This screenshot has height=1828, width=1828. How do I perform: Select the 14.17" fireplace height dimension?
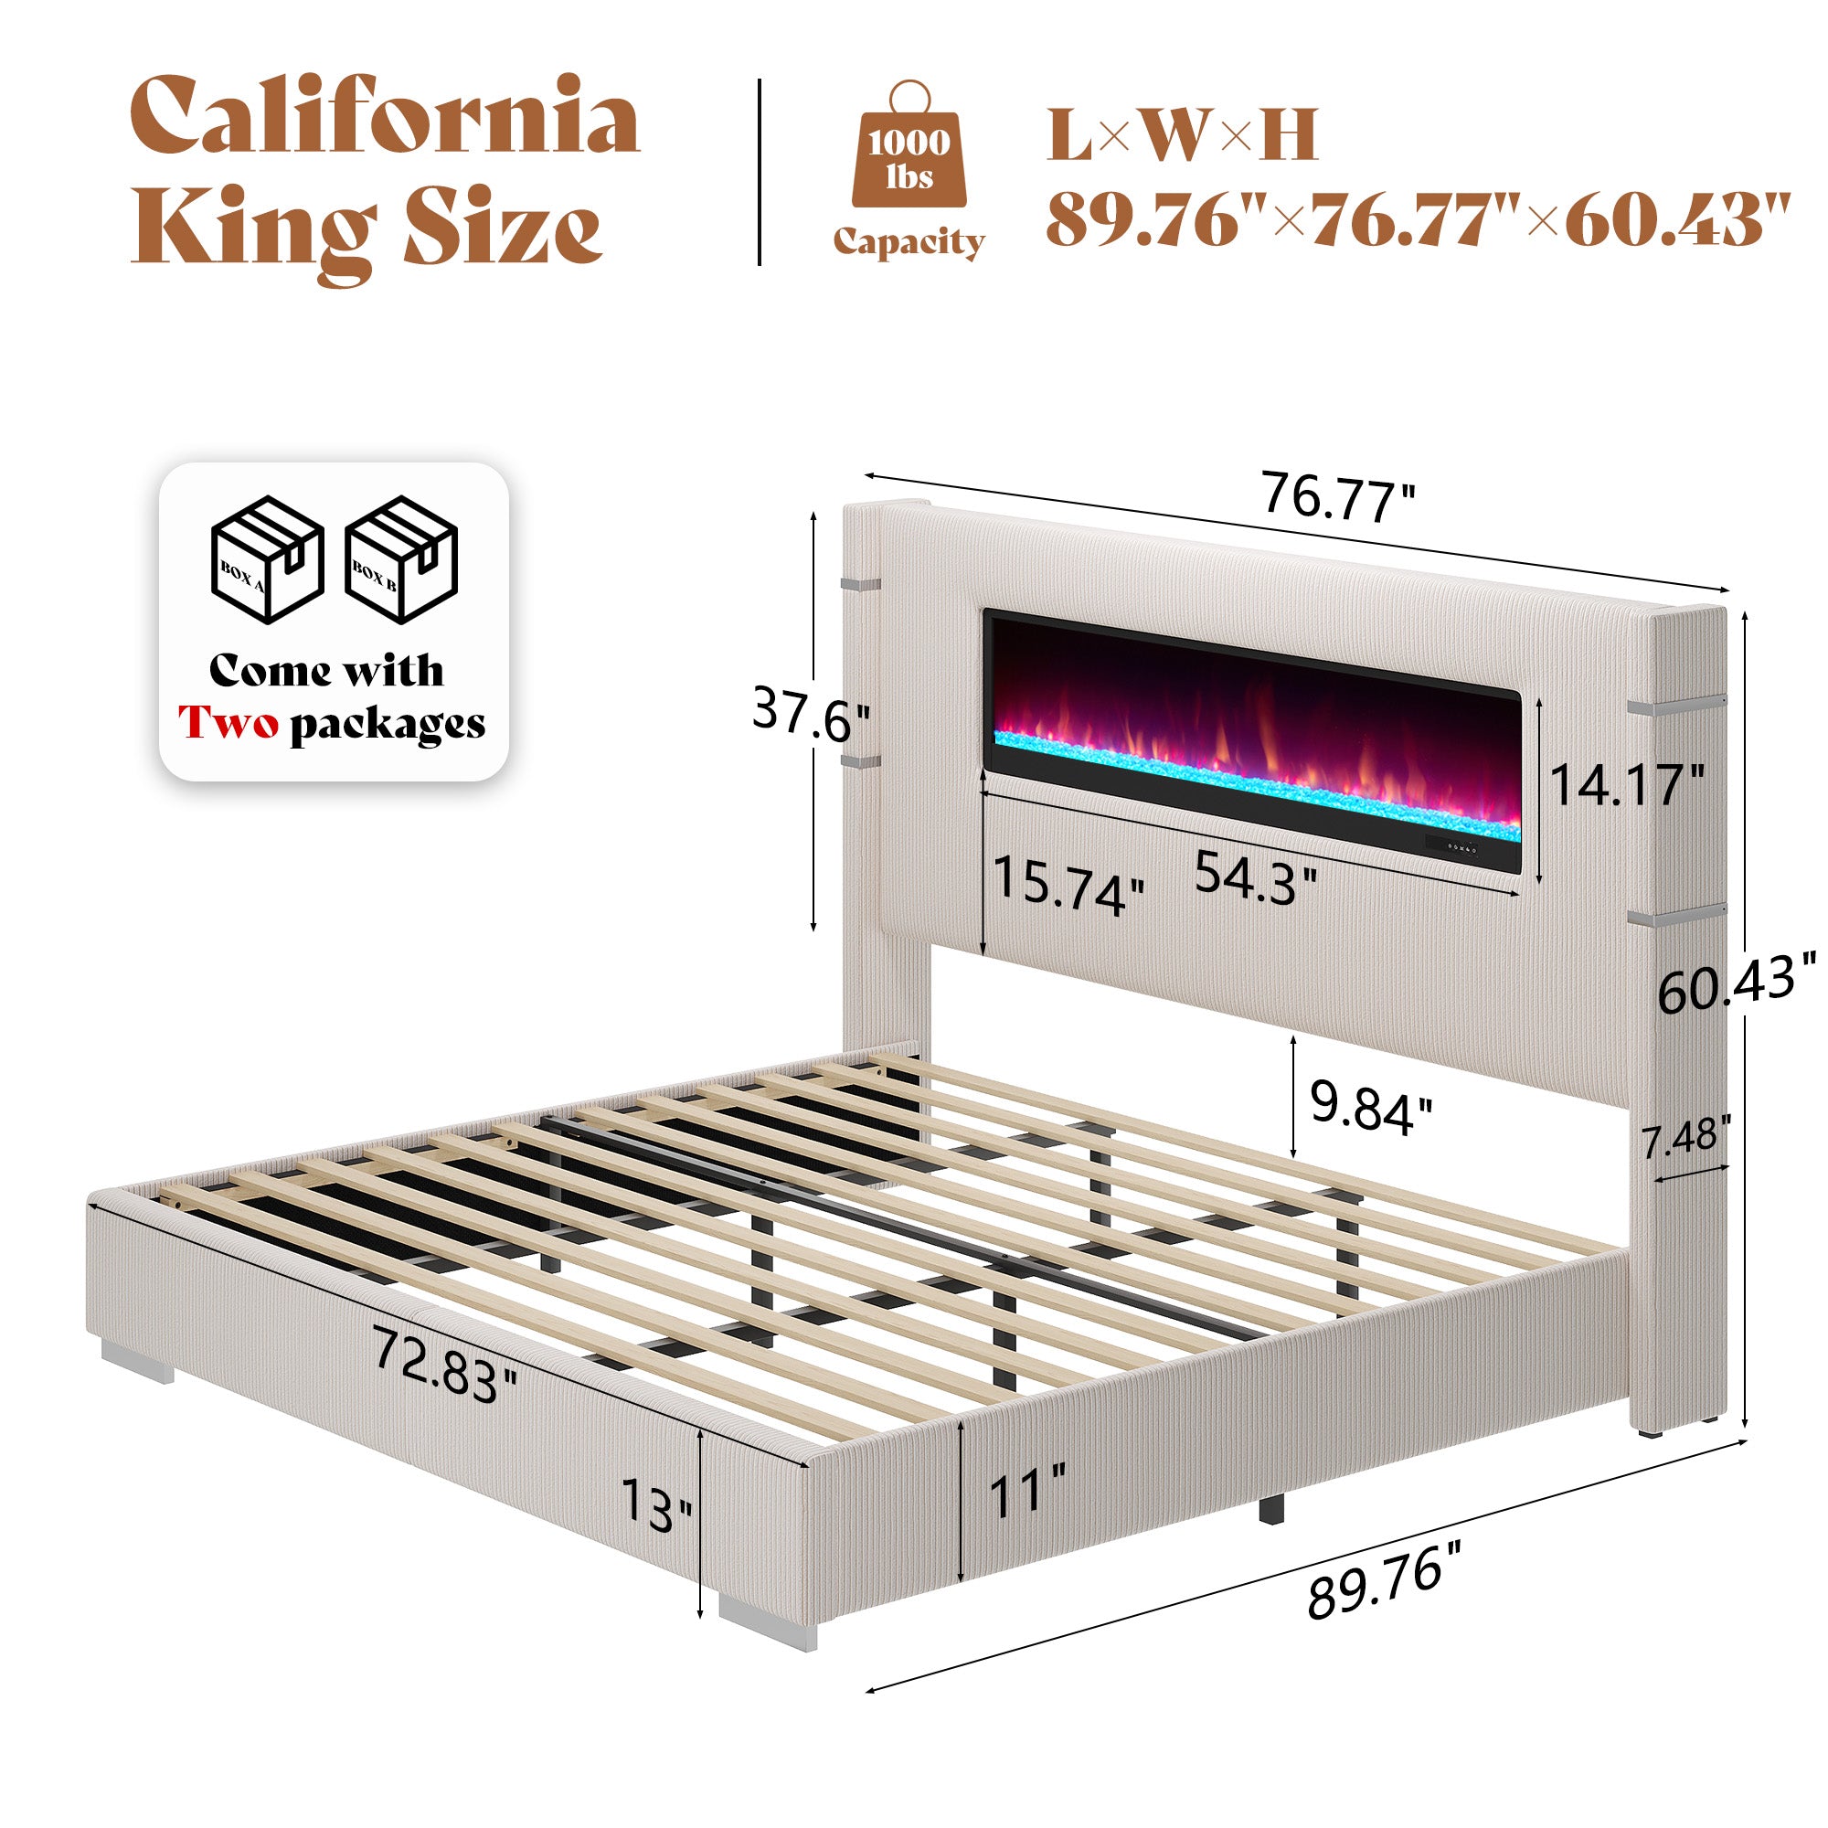click(x=1627, y=783)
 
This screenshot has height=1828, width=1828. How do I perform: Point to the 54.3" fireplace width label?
click(x=1256, y=876)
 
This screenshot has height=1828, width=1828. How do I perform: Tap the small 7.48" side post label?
click(x=1686, y=1136)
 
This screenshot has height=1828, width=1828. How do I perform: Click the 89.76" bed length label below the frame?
click(x=1386, y=1590)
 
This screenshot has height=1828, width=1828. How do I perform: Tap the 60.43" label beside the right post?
click(x=1738, y=984)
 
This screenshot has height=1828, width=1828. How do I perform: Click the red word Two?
click(x=230, y=725)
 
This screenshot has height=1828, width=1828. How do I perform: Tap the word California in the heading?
click(x=384, y=118)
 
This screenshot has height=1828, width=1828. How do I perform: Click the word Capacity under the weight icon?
click(x=909, y=241)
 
